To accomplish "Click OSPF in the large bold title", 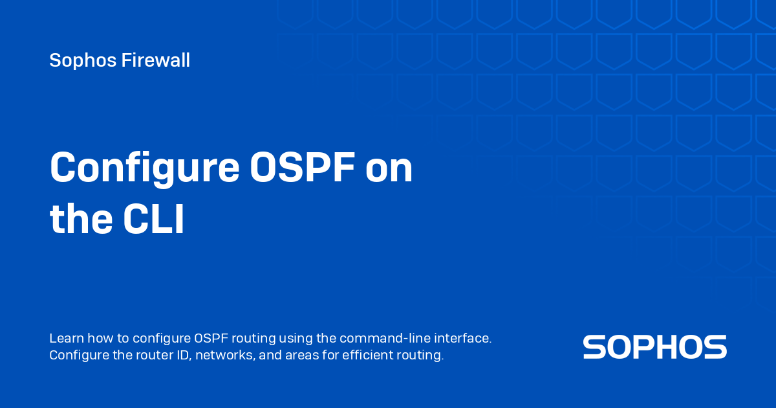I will [x=302, y=168].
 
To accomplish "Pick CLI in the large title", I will [x=154, y=220].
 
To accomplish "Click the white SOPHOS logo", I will [x=654, y=347].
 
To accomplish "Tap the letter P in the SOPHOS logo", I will [x=654, y=347].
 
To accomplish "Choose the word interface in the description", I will [x=462, y=338].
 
